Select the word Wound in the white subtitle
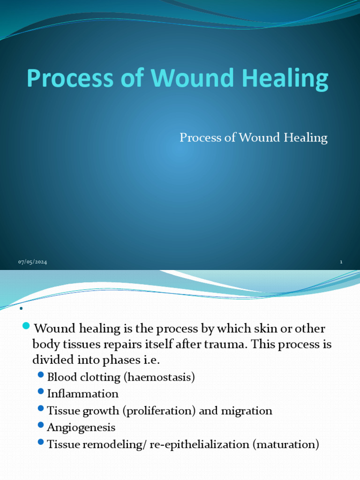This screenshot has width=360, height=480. (x=259, y=137)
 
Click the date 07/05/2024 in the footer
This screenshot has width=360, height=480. (x=32, y=262)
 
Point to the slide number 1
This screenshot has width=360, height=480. (x=341, y=262)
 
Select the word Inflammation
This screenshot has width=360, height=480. (x=82, y=394)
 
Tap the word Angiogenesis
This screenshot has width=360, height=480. (x=81, y=427)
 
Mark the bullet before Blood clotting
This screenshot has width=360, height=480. (x=41, y=375)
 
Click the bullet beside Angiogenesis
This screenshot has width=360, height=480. (x=41, y=426)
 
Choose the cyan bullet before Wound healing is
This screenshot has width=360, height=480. (x=26, y=326)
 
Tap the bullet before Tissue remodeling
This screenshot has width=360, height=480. (x=41, y=443)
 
